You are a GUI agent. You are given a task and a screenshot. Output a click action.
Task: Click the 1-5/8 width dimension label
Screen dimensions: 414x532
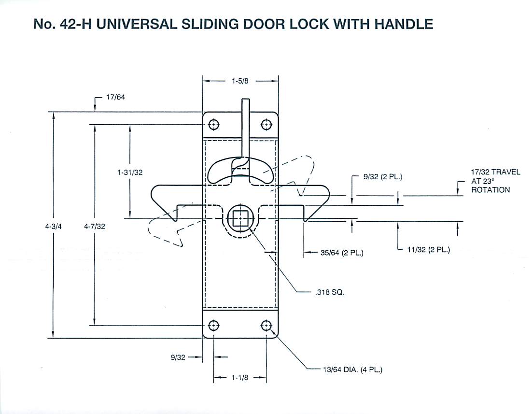tap(239, 81)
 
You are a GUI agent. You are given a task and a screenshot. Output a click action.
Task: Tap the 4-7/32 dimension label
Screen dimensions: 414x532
tap(95, 226)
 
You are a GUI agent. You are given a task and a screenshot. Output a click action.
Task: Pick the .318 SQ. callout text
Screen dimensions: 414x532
tap(328, 293)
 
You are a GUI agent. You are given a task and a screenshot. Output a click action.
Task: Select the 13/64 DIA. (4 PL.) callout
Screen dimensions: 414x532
tap(351, 371)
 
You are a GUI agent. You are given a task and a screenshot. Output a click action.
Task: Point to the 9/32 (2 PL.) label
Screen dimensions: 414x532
tap(383, 177)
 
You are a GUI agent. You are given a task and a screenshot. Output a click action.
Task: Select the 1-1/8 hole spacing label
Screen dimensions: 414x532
tap(240, 378)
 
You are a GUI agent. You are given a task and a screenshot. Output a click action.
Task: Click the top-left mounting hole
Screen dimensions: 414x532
tap(214, 125)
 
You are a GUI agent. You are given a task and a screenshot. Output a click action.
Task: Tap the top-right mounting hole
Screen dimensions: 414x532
tap(266, 125)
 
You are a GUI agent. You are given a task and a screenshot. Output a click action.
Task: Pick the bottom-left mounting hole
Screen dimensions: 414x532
tap(214, 325)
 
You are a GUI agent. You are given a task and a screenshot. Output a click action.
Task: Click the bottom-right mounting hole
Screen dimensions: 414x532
tap(266, 325)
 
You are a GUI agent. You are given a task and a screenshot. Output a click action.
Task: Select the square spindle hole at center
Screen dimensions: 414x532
tap(240, 219)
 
